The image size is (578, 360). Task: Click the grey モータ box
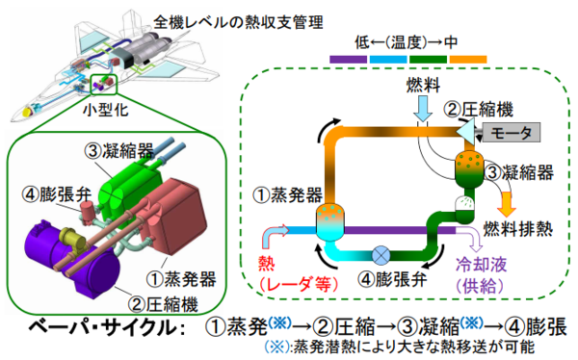coord(512,132)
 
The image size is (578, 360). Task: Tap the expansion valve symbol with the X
coord(381,255)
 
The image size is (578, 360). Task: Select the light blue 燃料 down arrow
coord(423,108)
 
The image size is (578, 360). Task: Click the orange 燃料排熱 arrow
coord(507,204)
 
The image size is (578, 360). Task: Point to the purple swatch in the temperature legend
coord(349,59)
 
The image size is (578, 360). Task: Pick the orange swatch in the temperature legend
coord(468,59)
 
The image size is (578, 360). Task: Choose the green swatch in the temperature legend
coord(428,59)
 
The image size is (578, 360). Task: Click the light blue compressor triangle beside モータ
coord(466,132)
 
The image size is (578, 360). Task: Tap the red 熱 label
coord(267,263)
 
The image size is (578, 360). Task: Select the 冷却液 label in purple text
coord(481,265)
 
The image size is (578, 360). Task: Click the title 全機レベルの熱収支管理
coord(238,23)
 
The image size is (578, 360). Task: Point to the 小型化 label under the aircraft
coord(105,110)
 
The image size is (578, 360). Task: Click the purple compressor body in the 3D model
coord(70,258)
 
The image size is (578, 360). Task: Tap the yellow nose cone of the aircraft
coord(27,111)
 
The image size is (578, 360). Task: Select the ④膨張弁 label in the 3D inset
coord(57,194)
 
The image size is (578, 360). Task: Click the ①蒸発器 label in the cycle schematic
coord(287,195)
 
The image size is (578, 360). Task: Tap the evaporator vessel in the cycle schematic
coord(329,222)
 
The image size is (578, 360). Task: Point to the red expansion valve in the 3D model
coord(88,213)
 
